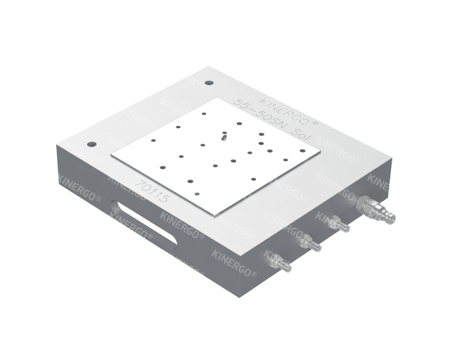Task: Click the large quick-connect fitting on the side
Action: [375, 210]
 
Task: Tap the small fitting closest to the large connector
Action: [339, 224]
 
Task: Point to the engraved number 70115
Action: [154, 191]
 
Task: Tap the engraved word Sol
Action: [303, 134]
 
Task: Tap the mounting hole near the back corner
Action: [209, 83]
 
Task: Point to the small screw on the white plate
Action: [224, 136]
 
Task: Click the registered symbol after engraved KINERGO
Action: [316, 120]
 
